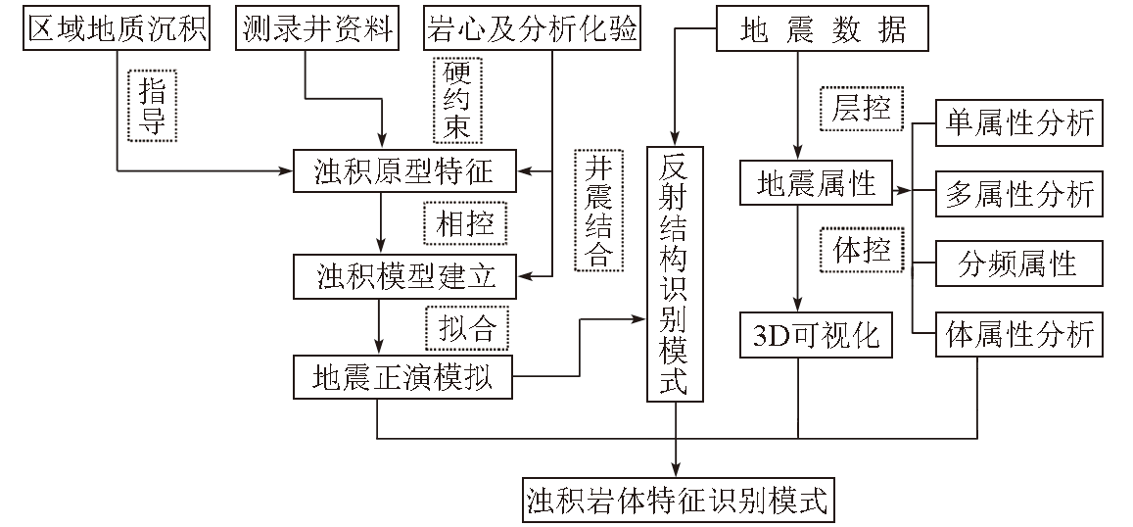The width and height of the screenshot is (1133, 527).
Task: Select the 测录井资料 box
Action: [x=318, y=29]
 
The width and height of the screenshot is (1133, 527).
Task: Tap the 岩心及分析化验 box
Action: [x=531, y=29]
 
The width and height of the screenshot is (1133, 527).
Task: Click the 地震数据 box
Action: [x=813, y=29]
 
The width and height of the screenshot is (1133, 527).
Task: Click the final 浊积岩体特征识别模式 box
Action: [x=677, y=501]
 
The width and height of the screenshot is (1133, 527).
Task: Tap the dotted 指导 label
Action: [x=152, y=106]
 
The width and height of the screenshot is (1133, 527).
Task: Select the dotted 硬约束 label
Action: [x=457, y=100]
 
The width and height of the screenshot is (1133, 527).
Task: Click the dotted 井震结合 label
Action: [x=596, y=212]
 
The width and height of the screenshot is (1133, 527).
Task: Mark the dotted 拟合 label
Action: [x=467, y=328]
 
